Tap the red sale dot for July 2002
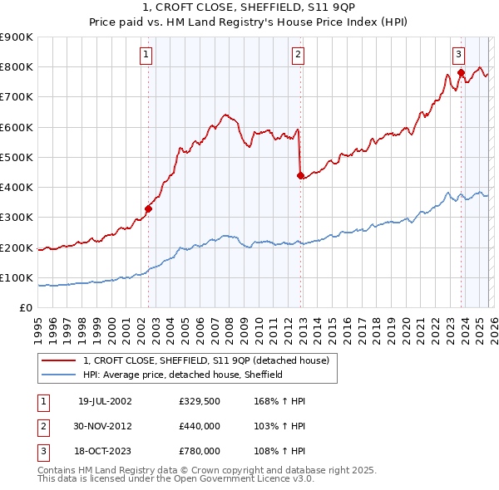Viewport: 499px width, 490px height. click(x=149, y=209)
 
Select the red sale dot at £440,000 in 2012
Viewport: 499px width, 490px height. click(x=300, y=175)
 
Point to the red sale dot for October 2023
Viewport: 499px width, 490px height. click(x=461, y=73)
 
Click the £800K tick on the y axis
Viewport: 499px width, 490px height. click(x=17, y=67)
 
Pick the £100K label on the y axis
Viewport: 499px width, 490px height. click(x=17, y=278)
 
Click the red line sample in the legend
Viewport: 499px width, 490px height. click(x=59, y=360)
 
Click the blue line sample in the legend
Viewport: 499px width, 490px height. click(x=59, y=375)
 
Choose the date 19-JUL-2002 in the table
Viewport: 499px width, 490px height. click(x=105, y=400)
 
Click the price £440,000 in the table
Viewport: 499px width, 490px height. click(x=199, y=426)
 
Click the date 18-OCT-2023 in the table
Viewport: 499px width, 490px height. click(x=105, y=451)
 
